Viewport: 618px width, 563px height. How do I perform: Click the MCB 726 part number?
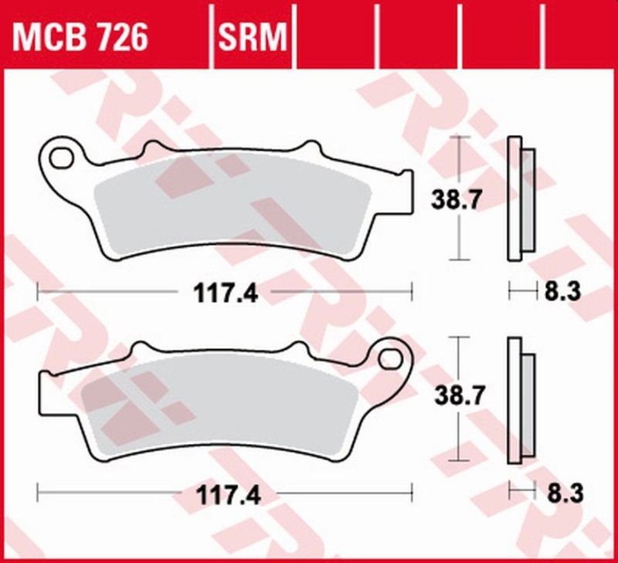(79, 36)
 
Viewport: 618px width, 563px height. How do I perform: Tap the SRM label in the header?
(253, 36)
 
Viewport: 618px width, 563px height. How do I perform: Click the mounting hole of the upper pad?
(59, 158)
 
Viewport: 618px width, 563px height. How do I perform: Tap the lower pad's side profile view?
(518, 402)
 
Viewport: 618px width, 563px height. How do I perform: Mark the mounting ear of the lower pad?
(392, 357)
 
